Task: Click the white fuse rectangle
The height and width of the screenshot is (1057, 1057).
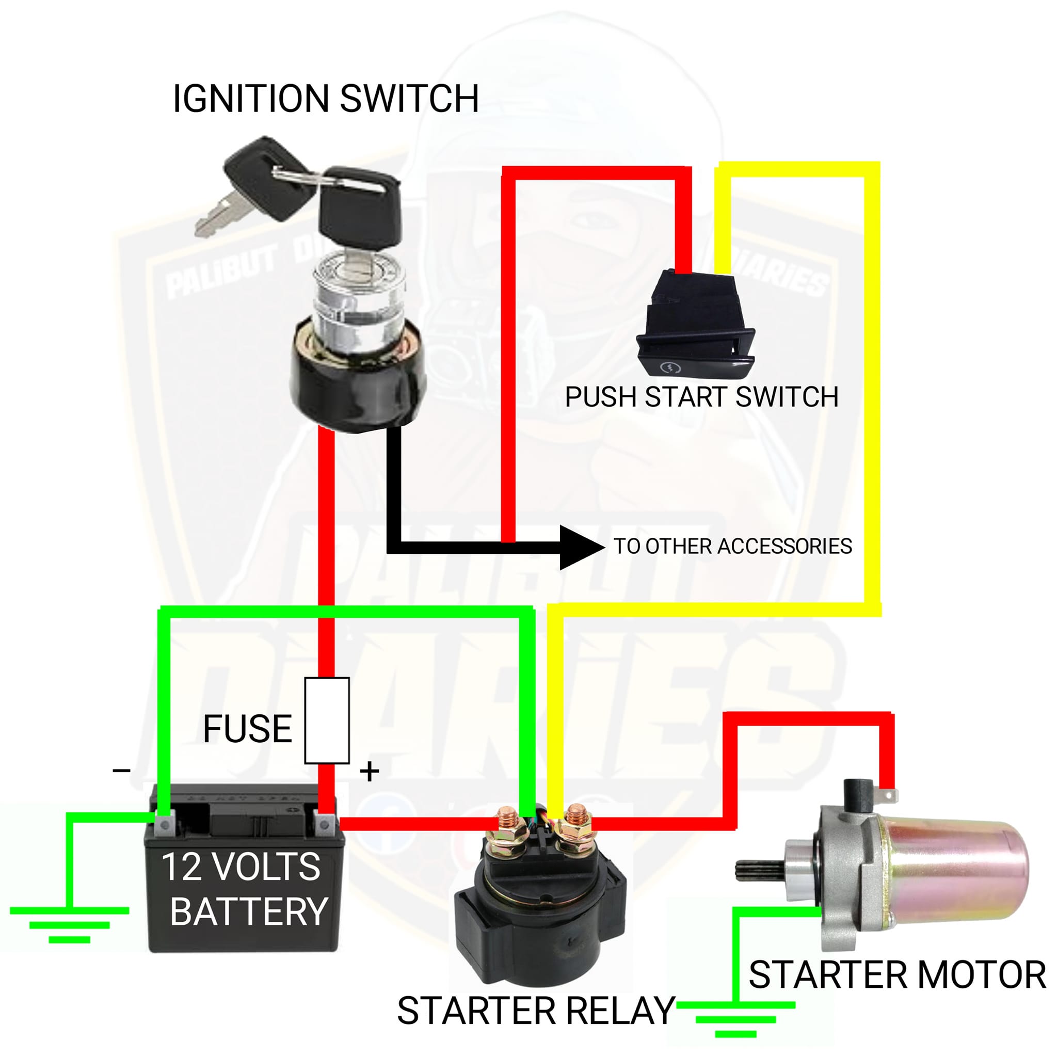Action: (327, 720)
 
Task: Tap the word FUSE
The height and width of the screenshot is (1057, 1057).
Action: (248, 729)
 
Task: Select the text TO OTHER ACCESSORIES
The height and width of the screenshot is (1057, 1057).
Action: (732, 546)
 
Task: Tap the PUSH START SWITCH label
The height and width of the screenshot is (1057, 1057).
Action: (701, 397)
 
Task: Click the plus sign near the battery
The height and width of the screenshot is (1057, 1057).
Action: (370, 772)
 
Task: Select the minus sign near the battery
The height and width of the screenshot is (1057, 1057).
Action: (121, 771)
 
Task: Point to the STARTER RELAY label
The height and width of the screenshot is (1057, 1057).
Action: (536, 1011)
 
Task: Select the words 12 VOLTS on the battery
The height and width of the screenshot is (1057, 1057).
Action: (241, 867)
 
